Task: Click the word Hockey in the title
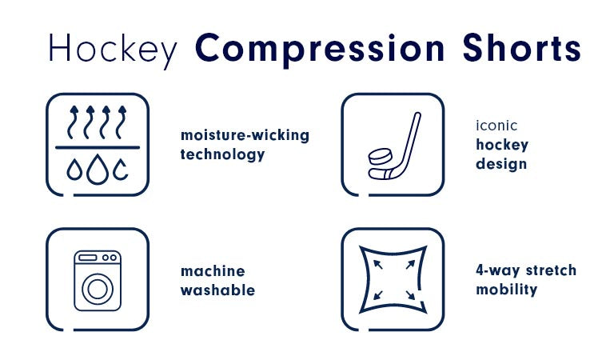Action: [113, 50]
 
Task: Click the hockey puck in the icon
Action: [380, 156]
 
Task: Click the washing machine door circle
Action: [98, 289]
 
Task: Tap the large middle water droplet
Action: [98, 170]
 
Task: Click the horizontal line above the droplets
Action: [98, 148]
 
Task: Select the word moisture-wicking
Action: [245, 135]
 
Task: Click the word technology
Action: [222, 154]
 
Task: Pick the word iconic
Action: [496, 126]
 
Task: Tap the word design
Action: [501, 164]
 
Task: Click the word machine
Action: [213, 271]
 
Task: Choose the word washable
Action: [217, 290]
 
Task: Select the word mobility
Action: [507, 290]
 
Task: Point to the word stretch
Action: [551, 270]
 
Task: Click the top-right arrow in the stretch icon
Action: [410, 265]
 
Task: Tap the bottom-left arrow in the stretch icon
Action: [378, 295]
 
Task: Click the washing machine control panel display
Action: [88, 258]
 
